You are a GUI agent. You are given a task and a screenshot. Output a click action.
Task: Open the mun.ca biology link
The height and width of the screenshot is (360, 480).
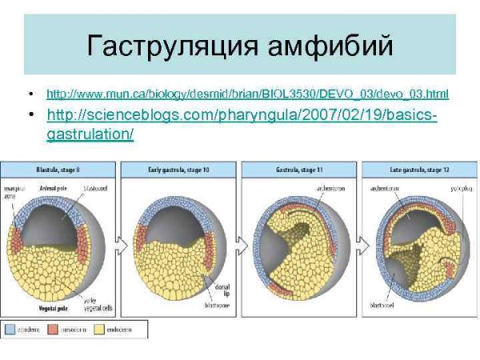[x=247, y=94]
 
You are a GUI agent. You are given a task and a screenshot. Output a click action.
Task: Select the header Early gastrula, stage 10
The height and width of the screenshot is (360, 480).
[x=178, y=169]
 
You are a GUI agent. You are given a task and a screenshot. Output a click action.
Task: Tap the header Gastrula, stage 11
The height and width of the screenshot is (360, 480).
[x=298, y=169]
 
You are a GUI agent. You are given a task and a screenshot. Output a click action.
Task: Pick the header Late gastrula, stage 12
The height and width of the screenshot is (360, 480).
[x=418, y=169]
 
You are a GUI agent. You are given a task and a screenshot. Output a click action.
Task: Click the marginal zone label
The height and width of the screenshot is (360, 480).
[x=11, y=192]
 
